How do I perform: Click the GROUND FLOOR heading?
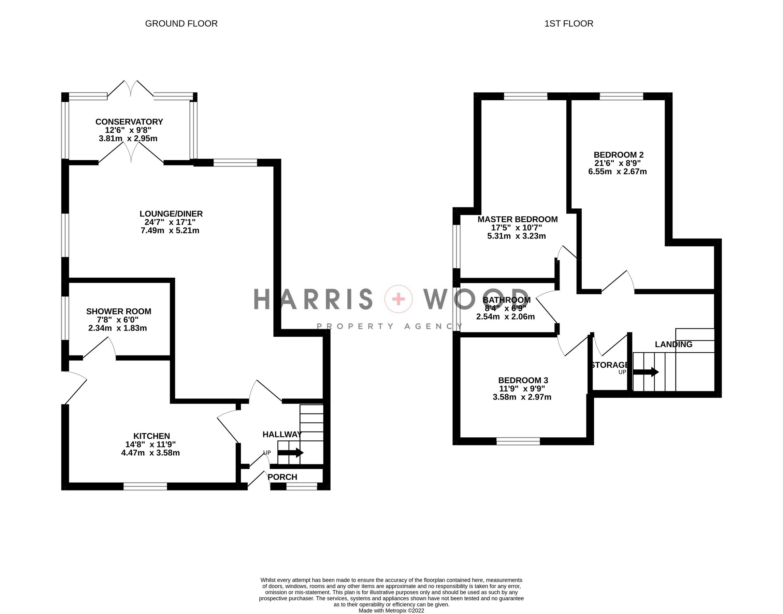[181, 24]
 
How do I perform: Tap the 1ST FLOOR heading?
[569, 24]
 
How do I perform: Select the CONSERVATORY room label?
[129, 122]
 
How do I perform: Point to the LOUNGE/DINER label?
[171, 214]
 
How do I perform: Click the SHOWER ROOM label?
[119, 311]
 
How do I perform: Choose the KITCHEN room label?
[151, 436]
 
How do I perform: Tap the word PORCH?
[282, 477]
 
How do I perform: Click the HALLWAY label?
[282, 434]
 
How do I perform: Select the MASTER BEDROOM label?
[517, 219]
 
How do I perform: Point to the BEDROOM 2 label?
[618, 155]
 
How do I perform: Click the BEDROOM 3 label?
[523, 380]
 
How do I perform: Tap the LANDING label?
[673, 345]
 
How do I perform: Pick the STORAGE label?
[609, 365]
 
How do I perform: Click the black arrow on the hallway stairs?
[290, 453]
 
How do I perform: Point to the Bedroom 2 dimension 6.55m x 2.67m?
[617, 172]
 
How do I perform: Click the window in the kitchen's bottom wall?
[145, 486]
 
